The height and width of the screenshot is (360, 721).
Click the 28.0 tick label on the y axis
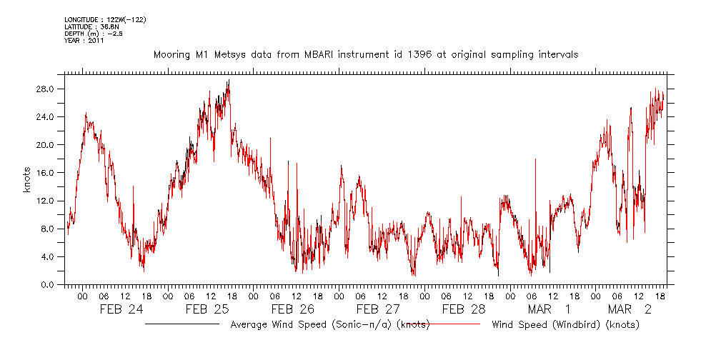pos(47,89)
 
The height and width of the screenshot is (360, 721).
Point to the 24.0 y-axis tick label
pos(47,117)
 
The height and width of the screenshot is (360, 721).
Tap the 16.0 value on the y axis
pos(47,173)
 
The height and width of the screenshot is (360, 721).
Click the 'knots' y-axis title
pos(27,183)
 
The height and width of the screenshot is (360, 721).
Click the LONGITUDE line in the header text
pos(106,19)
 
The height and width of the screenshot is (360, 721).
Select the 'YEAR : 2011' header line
pos(84,40)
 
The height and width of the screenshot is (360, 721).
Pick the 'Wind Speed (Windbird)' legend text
pos(565,325)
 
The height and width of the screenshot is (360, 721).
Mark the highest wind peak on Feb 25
pos(229,81)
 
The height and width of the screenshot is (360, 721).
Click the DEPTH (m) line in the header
pos(93,33)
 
